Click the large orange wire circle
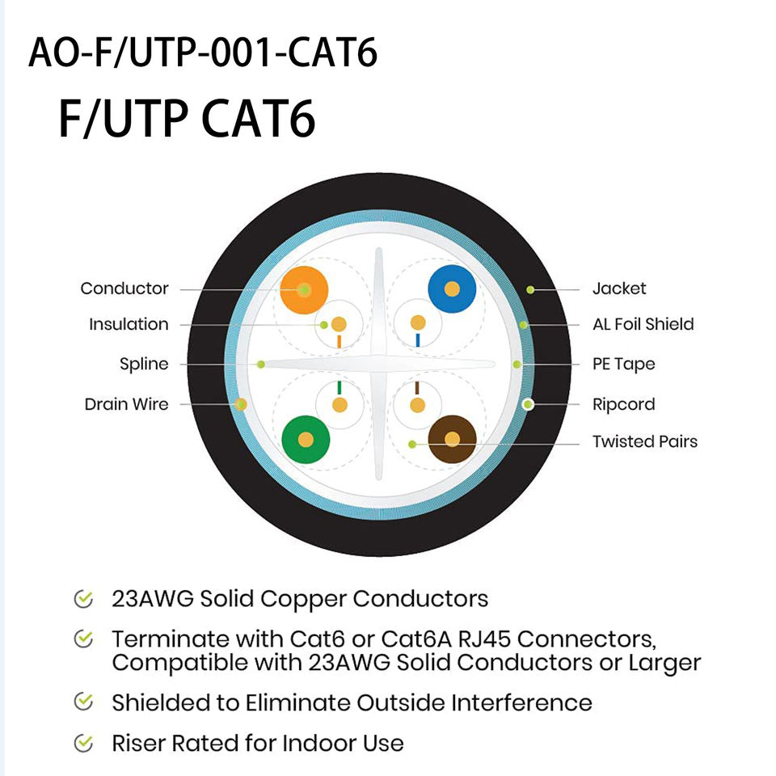(304, 289)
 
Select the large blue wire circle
(452, 289)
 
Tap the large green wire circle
(306, 440)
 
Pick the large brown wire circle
(452, 440)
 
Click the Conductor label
(124, 289)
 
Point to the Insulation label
(129, 324)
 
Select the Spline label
(144, 364)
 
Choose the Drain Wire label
(126, 403)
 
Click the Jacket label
(619, 289)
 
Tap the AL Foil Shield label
(643, 324)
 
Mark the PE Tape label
(623, 364)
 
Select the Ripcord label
(623, 403)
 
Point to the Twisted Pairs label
(644, 441)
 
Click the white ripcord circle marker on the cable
(529, 403)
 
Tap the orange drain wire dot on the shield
(240, 403)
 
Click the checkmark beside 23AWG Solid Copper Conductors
(82, 599)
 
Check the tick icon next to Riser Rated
(82, 742)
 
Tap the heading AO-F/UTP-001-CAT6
(203, 53)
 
